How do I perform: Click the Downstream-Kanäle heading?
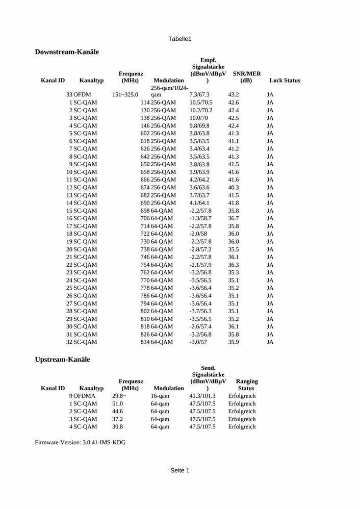tap(67, 52)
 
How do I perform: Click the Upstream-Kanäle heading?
tap(62, 360)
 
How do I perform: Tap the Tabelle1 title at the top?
tap(179, 39)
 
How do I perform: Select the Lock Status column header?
tap(285, 81)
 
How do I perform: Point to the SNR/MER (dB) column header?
tap(246, 77)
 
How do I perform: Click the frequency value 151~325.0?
tap(125, 95)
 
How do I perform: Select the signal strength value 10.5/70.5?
tap(201, 103)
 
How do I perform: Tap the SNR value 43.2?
tap(234, 95)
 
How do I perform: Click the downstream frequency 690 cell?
tap(145, 203)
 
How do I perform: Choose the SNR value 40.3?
tap(234, 188)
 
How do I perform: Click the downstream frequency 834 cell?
tap(145, 342)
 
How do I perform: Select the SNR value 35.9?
tap(234, 342)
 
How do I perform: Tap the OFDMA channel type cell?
tap(84, 396)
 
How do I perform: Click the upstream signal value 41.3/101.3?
tap(202, 396)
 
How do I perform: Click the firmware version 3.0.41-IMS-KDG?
tap(104, 443)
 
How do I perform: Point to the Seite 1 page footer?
tap(179, 470)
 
